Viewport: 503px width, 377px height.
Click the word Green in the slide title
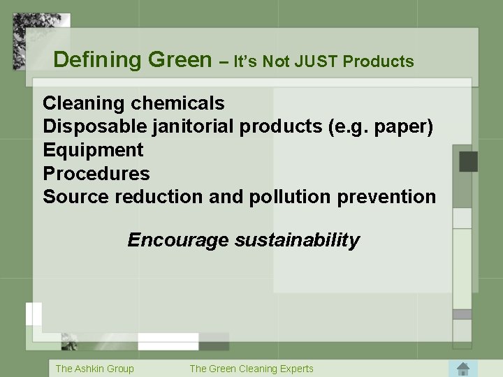pos(180,60)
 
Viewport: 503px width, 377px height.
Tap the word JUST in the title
pos(316,61)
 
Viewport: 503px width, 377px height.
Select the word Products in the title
pos(380,61)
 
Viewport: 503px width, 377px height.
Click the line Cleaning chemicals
pos(133,103)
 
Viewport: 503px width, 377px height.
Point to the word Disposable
pos(94,126)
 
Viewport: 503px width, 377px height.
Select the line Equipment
pos(93,150)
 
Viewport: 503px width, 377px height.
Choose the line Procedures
pos(96,173)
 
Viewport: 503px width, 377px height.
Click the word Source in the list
pos(76,197)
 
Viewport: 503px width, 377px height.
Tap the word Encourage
pos(177,241)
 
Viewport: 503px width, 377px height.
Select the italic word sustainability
pos(297,241)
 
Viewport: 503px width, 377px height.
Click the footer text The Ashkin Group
pos(94,369)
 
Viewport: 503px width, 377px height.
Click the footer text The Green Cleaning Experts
pos(251,369)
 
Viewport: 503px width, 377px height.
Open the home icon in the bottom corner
pos(462,368)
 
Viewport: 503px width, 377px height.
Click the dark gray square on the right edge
pos(468,161)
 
